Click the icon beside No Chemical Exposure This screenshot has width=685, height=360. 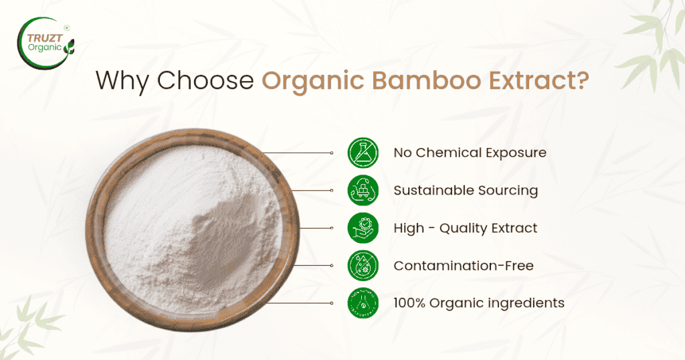coord(363,153)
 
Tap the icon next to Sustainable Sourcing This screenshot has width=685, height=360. coord(363,191)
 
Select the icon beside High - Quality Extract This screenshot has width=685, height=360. coord(363,228)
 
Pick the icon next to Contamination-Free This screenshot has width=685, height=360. coord(363,266)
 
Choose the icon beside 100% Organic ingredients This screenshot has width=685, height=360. coord(363,303)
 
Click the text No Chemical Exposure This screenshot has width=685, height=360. coord(470,153)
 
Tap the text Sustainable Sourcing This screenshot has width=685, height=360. coord(466,191)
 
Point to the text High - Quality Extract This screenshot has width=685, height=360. coord(465,228)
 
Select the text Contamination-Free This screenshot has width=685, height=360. coord(464,266)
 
